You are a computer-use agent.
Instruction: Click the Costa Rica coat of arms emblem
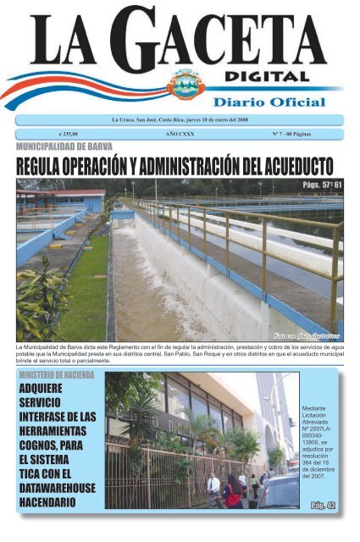[x=185, y=85]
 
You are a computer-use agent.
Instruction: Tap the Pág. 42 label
[x=321, y=506]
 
